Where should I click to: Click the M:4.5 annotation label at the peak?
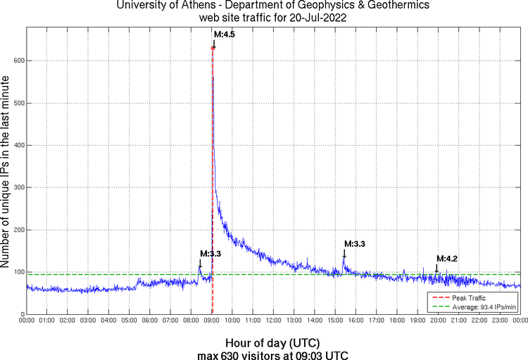click(224, 34)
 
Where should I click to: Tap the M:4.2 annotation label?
click(447, 259)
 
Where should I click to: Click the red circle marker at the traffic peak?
click(213, 48)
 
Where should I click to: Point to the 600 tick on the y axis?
click(18, 61)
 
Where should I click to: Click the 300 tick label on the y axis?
click(18, 187)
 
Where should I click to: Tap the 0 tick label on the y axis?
click(23, 314)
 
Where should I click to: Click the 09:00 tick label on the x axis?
click(212, 321)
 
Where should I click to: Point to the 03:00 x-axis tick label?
click(88, 321)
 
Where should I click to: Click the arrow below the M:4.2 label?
click(436, 267)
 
